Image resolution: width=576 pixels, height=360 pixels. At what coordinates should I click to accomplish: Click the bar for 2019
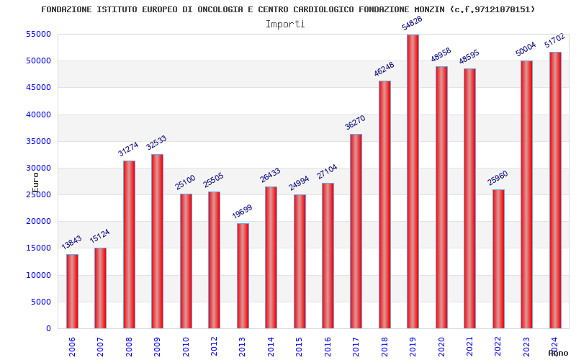(x=413, y=181)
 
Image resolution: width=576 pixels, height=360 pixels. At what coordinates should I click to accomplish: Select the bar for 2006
(x=72, y=292)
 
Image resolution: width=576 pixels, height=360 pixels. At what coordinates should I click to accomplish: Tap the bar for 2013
(x=243, y=276)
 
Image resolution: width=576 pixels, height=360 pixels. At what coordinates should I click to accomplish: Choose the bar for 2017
(x=356, y=231)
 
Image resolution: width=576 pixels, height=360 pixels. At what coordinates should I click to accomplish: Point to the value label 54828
(x=413, y=24)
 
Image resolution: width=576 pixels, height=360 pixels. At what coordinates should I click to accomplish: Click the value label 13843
(x=72, y=243)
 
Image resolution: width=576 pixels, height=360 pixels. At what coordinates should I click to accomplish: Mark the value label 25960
(x=498, y=178)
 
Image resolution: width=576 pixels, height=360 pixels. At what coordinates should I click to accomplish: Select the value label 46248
(x=384, y=69)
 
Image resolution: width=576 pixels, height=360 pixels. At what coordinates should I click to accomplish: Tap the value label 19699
(x=243, y=212)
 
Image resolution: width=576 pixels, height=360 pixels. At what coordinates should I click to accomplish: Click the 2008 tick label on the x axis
(x=129, y=346)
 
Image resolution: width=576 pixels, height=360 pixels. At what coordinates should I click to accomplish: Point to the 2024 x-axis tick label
(x=554, y=346)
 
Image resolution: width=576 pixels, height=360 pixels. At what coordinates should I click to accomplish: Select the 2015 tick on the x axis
(x=300, y=346)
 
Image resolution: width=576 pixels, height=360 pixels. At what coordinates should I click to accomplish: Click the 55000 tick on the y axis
(x=37, y=35)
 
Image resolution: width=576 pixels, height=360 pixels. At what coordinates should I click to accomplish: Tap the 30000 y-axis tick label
(x=37, y=168)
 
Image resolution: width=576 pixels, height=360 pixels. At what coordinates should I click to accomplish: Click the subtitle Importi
(x=285, y=24)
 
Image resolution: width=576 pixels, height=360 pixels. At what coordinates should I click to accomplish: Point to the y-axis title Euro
(x=35, y=182)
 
